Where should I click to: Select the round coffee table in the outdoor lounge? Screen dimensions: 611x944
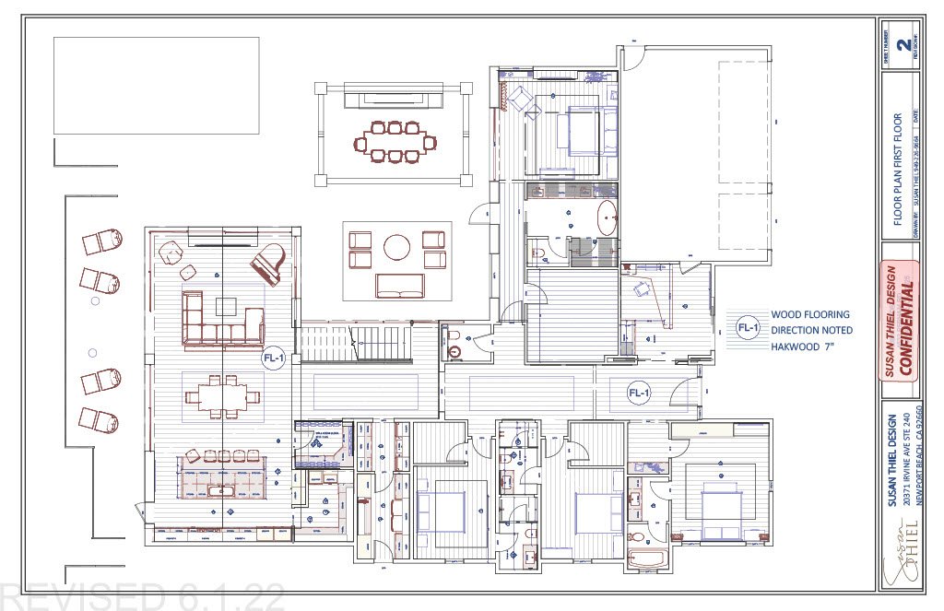tap(397, 247)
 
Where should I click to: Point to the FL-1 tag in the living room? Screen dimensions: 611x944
tap(273, 359)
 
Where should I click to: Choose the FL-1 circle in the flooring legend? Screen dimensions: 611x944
tap(747, 327)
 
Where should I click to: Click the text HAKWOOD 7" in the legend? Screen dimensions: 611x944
tap(805, 347)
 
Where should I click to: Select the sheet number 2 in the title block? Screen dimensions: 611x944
tap(906, 42)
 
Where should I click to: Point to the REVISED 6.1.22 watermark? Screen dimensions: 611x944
tap(143, 596)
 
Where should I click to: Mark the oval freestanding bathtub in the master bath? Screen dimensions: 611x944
tap(606, 219)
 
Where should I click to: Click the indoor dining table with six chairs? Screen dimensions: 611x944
tap(221, 397)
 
